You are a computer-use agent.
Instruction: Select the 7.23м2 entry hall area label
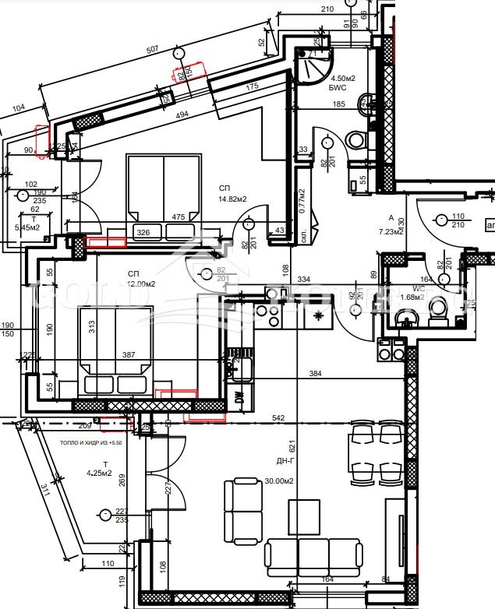(x=391, y=231)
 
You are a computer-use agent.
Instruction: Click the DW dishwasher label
(x=239, y=397)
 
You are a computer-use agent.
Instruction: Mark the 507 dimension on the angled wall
(x=153, y=50)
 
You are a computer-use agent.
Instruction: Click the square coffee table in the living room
(x=303, y=514)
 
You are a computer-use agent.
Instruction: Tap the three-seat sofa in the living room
(x=315, y=554)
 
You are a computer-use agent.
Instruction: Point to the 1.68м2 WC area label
(x=411, y=297)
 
